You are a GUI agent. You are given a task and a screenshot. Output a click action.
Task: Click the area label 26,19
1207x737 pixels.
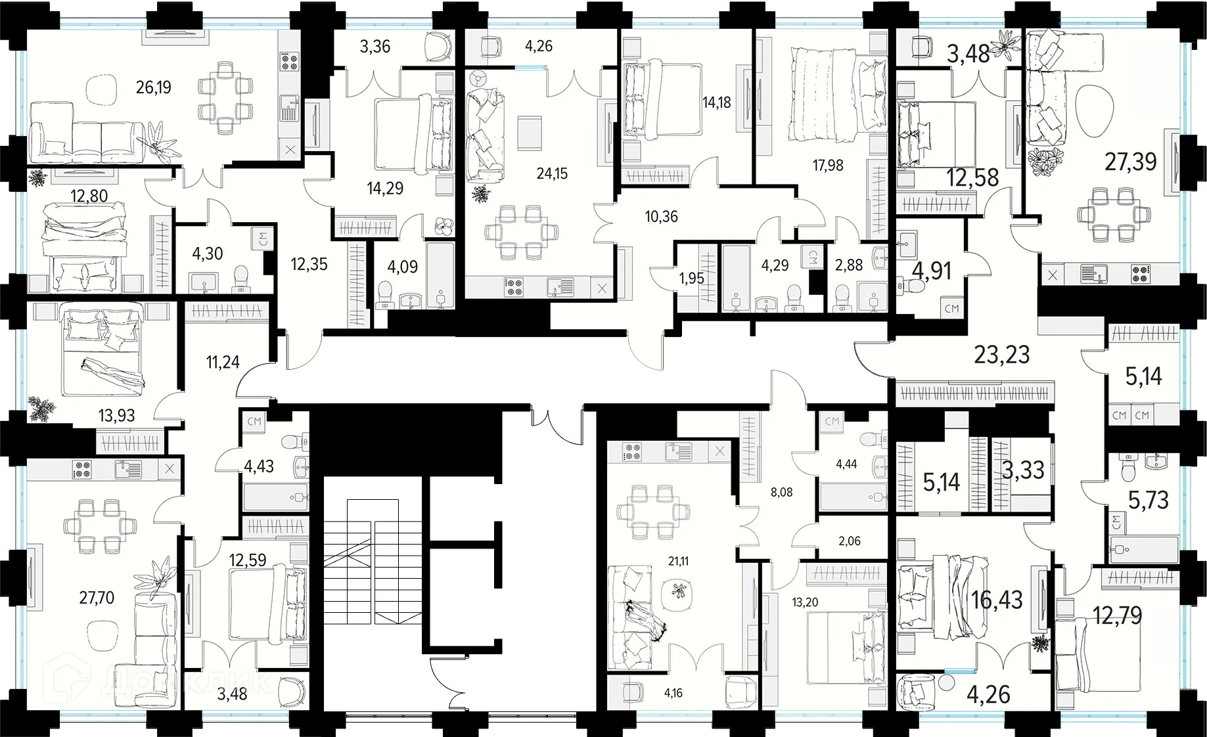click(x=154, y=87)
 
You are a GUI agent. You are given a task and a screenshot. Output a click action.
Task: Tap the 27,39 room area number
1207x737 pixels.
click(x=1130, y=162)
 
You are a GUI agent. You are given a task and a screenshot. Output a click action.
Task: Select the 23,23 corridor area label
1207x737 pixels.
click(x=1001, y=355)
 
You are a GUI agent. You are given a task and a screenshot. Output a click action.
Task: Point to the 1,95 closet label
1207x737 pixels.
click(x=691, y=279)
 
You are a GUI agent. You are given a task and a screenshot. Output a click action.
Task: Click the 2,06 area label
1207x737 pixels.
click(x=850, y=541)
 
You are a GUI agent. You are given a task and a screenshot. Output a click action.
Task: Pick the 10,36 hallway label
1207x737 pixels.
click(x=661, y=217)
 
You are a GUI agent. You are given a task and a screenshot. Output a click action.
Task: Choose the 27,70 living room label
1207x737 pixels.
click(x=97, y=598)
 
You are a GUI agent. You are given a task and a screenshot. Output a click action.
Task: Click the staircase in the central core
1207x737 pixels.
click(x=372, y=562)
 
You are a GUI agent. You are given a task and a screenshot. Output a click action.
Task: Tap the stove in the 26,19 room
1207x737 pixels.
click(x=290, y=61)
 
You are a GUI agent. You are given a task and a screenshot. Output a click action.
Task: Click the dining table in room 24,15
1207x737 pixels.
click(x=522, y=232)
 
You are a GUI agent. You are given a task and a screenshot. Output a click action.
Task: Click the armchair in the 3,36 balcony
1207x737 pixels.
click(x=437, y=47)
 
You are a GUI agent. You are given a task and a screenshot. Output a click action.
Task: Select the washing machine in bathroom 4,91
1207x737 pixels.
click(x=951, y=308)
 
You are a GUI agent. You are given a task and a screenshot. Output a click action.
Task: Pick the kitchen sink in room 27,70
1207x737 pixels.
click(x=125, y=469)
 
